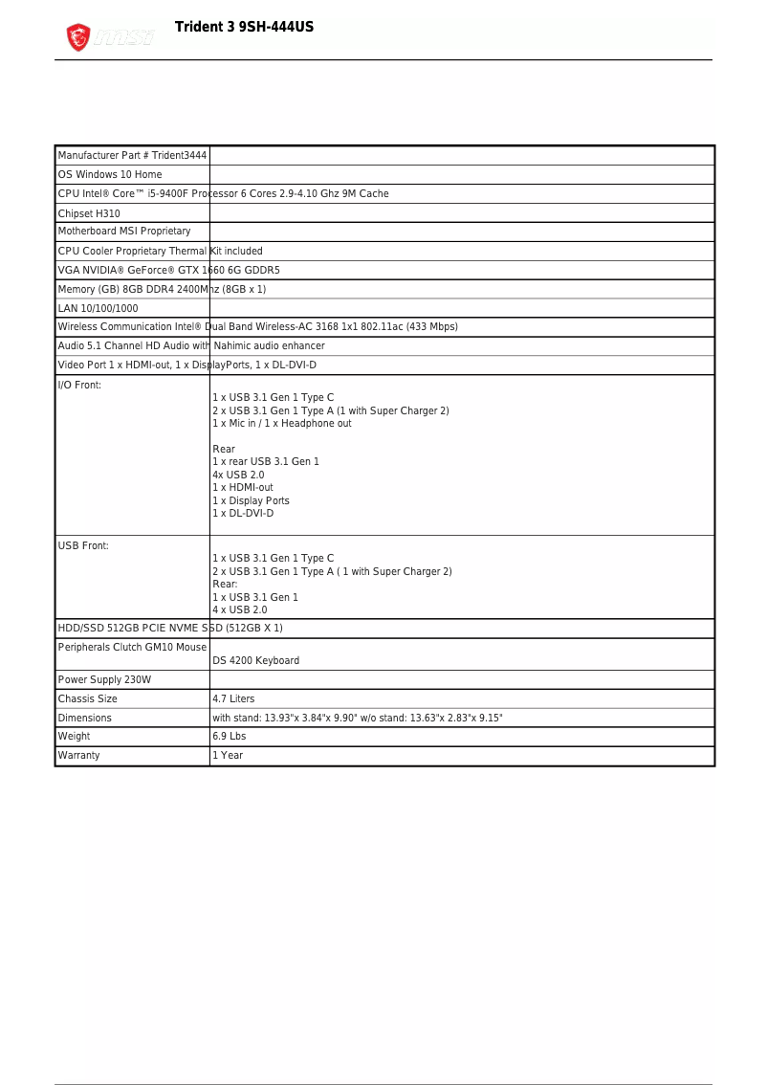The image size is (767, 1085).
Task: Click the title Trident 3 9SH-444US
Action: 244,27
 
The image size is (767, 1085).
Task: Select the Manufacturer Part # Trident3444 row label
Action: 132,156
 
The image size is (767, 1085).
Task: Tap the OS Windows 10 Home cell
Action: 110,175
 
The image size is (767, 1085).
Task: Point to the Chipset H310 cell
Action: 89,213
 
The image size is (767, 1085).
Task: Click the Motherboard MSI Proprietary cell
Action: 124,232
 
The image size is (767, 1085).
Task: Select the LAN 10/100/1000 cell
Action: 98,308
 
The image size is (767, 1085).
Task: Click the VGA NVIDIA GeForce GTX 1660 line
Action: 168,270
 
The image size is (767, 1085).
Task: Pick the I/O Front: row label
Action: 79,385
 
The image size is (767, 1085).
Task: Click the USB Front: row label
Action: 83,545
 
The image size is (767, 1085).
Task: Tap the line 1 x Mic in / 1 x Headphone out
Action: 281,424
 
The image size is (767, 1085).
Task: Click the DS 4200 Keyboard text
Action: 255,660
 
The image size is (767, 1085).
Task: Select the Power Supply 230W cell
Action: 104,679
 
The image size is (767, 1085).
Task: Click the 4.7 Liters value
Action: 233,698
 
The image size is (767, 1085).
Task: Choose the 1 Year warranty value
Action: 228,756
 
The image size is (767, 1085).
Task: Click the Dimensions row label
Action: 84,718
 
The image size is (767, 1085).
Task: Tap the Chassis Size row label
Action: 87,698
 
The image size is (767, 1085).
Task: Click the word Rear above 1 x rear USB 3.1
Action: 223,449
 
